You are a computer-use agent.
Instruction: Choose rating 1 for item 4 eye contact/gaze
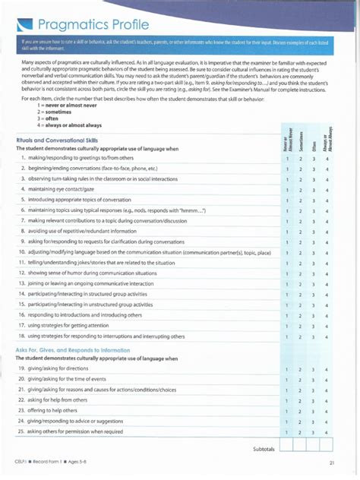(287, 189)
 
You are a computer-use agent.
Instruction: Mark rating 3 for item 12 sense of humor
(313, 273)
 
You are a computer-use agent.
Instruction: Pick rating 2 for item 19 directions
(300, 368)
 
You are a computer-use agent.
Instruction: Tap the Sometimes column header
(300, 138)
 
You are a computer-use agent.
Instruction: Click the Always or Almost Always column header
(327, 137)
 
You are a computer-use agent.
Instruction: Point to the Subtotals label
(264, 449)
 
